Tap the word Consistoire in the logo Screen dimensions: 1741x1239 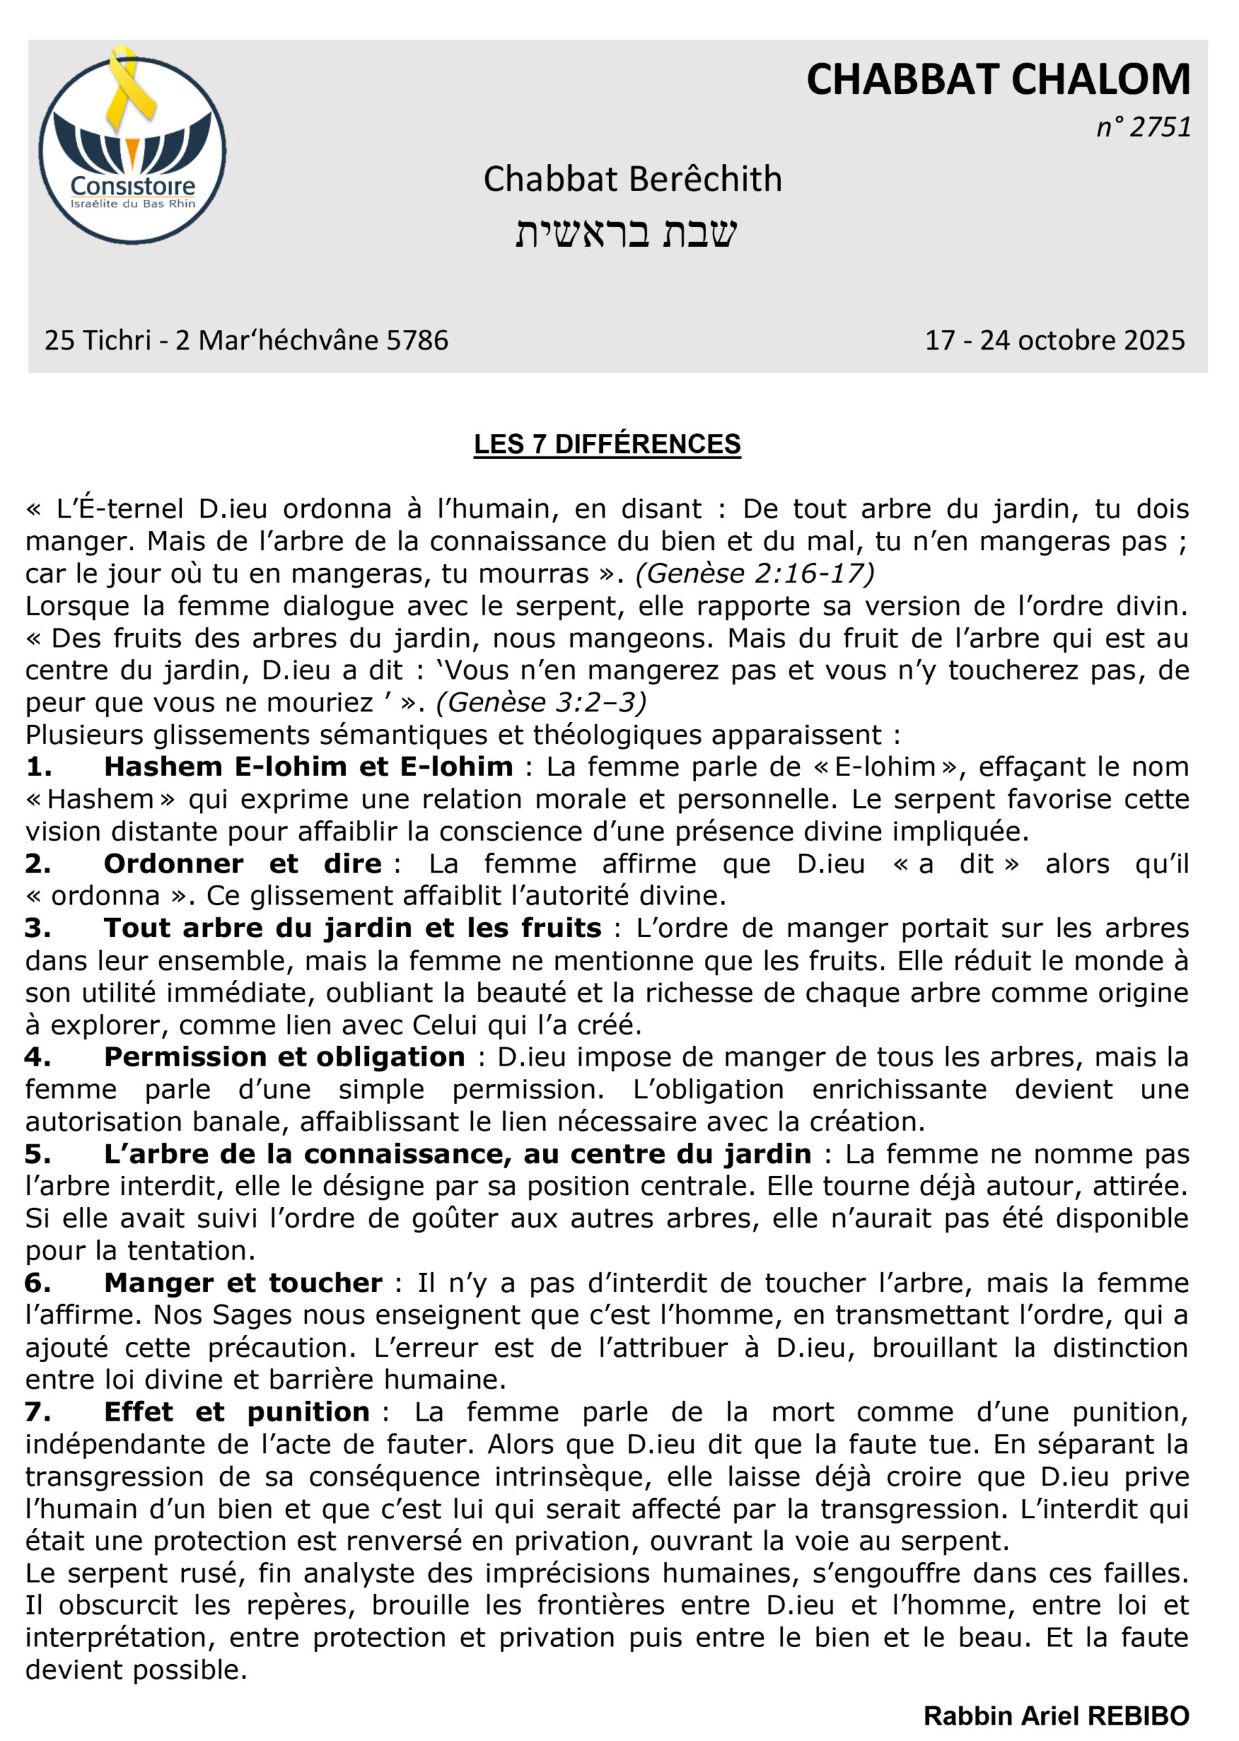[132, 186]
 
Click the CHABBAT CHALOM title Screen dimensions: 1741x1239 [998, 80]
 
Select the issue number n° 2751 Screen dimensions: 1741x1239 [1144, 127]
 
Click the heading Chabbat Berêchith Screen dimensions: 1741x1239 [633, 180]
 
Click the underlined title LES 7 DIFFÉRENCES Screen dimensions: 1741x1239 [608, 444]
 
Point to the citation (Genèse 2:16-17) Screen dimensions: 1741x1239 [754, 573]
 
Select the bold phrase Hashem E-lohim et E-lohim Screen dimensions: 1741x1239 [309, 766]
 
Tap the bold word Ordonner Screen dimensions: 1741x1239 [173, 863]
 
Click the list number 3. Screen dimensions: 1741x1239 [37, 928]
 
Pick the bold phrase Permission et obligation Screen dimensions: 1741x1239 [284, 1057]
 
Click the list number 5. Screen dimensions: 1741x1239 [37, 1154]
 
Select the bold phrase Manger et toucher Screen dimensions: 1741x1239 [243, 1283]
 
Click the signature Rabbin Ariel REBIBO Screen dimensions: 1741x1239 [1056, 1716]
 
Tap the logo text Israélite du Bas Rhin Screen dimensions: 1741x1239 [133, 204]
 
